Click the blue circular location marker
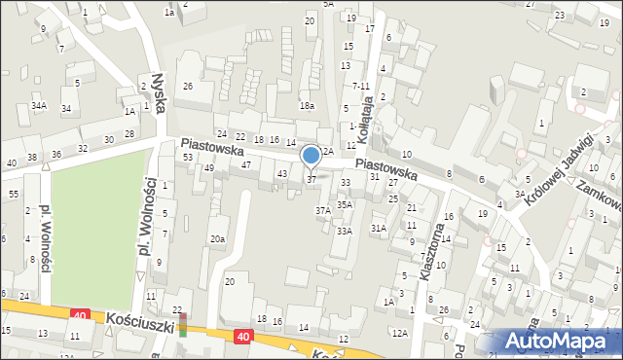click(311, 155)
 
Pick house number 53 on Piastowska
click(187, 157)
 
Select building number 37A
click(322, 209)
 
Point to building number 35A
click(345, 204)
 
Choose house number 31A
click(379, 228)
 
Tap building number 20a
click(217, 238)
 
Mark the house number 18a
click(307, 106)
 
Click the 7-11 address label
click(361, 86)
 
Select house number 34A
click(39, 105)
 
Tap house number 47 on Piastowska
click(247, 165)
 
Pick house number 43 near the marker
click(282, 173)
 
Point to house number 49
click(209, 167)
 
